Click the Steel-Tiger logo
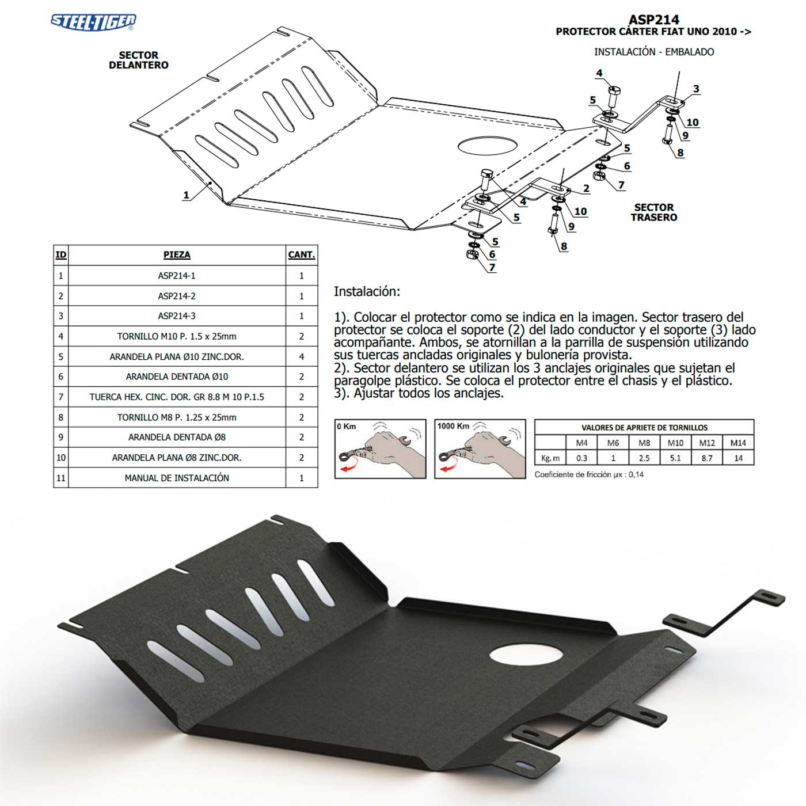coord(93,22)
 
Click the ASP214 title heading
coord(654,19)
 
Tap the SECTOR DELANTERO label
coord(138,60)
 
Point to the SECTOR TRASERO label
coord(654,212)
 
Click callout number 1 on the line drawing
coord(186,195)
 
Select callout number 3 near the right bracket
coord(696,89)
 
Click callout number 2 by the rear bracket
coord(587,188)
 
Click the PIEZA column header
coord(177,254)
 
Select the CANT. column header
coord(301,254)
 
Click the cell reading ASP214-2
coord(177,296)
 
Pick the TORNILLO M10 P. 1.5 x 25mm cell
coord(177,336)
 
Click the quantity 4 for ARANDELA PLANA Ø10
coord(301,357)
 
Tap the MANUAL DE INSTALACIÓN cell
coord(177,478)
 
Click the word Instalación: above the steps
coord(367,291)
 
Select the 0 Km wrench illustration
coord(380,449)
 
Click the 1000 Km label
coord(453,426)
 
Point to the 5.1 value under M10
coord(675,458)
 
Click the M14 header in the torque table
coord(738,443)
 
